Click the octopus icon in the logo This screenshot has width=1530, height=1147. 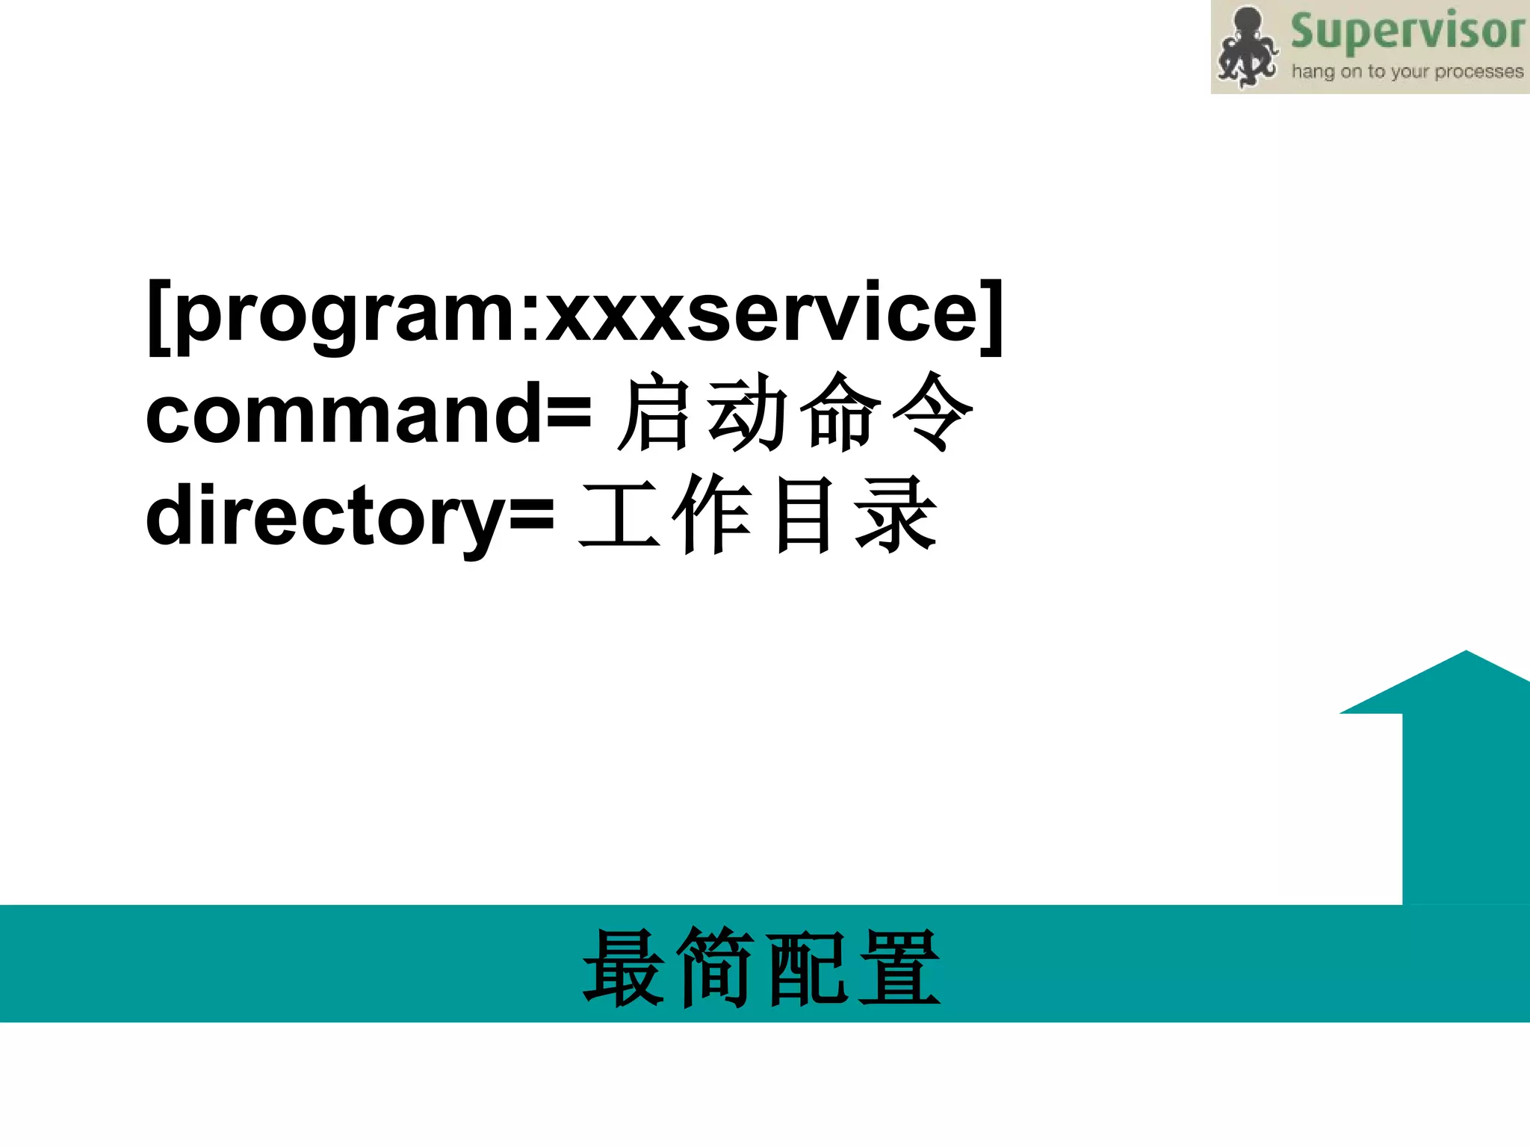pyautogui.click(x=1246, y=47)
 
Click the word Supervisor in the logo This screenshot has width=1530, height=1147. pyautogui.click(x=1407, y=31)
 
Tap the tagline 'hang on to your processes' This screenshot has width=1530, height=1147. pyautogui.click(x=1407, y=72)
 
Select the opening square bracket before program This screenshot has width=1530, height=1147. pyautogui.click(x=159, y=317)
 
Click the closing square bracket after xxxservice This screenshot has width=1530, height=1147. pyautogui.click(x=992, y=317)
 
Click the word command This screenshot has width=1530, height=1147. pyautogui.click(x=344, y=413)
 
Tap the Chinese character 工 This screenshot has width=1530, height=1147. pyautogui.click(x=619, y=515)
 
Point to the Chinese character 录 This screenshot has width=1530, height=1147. pyautogui.click(x=895, y=515)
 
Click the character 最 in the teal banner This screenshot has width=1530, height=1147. pyautogui.click(x=624, y=968)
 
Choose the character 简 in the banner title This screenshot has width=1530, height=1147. pyautogui.click(x=715, y=968)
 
